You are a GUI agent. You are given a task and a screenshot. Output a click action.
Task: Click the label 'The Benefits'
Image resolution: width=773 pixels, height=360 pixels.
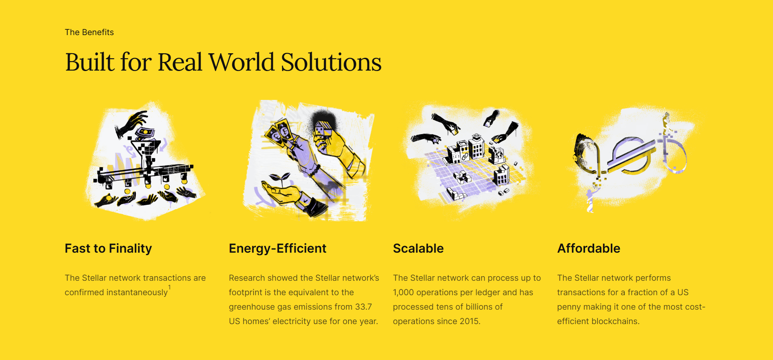click(89, 32)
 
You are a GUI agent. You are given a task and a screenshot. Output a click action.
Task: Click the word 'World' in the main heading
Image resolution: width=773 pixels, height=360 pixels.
click(242, 62)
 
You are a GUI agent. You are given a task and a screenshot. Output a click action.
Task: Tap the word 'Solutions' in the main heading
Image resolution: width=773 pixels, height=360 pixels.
click(331, 62)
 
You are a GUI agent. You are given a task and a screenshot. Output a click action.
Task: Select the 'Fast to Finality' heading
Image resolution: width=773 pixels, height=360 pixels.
click(108, 249)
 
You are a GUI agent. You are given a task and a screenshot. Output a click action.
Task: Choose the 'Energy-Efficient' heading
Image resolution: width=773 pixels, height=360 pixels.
click(277, 249)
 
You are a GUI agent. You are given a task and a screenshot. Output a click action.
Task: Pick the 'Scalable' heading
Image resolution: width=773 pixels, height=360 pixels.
click(418, 249)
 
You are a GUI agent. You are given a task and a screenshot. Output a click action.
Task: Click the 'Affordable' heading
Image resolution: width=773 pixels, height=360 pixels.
click(588, 249)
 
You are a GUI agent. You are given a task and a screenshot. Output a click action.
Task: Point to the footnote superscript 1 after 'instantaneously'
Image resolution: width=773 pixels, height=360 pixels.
click(169, 287)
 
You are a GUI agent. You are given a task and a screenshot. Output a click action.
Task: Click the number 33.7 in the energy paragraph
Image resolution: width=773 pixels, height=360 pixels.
click(363, 307)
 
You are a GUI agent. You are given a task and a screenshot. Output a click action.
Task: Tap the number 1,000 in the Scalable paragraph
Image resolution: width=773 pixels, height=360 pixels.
click(403, 292)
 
